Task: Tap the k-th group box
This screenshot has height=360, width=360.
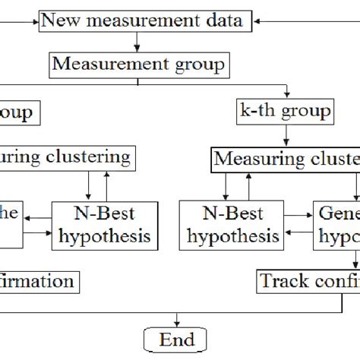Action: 284,112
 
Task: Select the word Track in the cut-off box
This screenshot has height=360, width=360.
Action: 282,281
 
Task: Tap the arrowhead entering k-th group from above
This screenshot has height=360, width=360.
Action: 284,96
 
